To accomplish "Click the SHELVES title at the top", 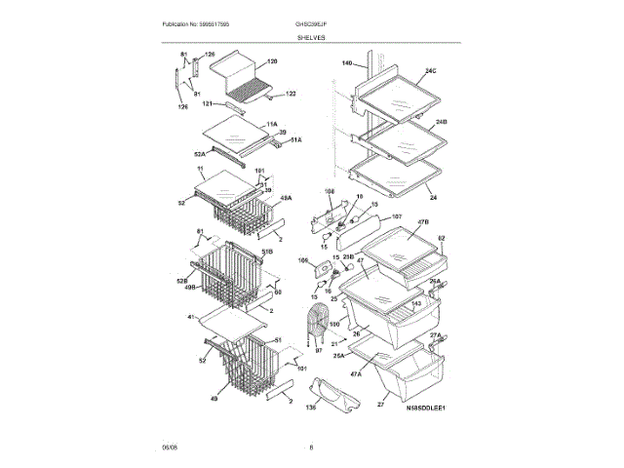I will click(312, 37).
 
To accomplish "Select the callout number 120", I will click(272, 61).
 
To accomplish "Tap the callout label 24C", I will click(430, 71).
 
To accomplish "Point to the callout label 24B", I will click(441, 122).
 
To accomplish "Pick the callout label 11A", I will click(272, 124).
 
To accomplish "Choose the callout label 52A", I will click(199, 153).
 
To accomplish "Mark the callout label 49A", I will click(287, 199).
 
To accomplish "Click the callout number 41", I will click(191, 317).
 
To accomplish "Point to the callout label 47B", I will click(423, 223).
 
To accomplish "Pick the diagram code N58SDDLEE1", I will click(425, 408).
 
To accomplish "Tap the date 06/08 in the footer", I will click(169, 448).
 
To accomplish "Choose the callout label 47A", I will click(355, 372).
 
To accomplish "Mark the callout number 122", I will click(291, 95).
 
